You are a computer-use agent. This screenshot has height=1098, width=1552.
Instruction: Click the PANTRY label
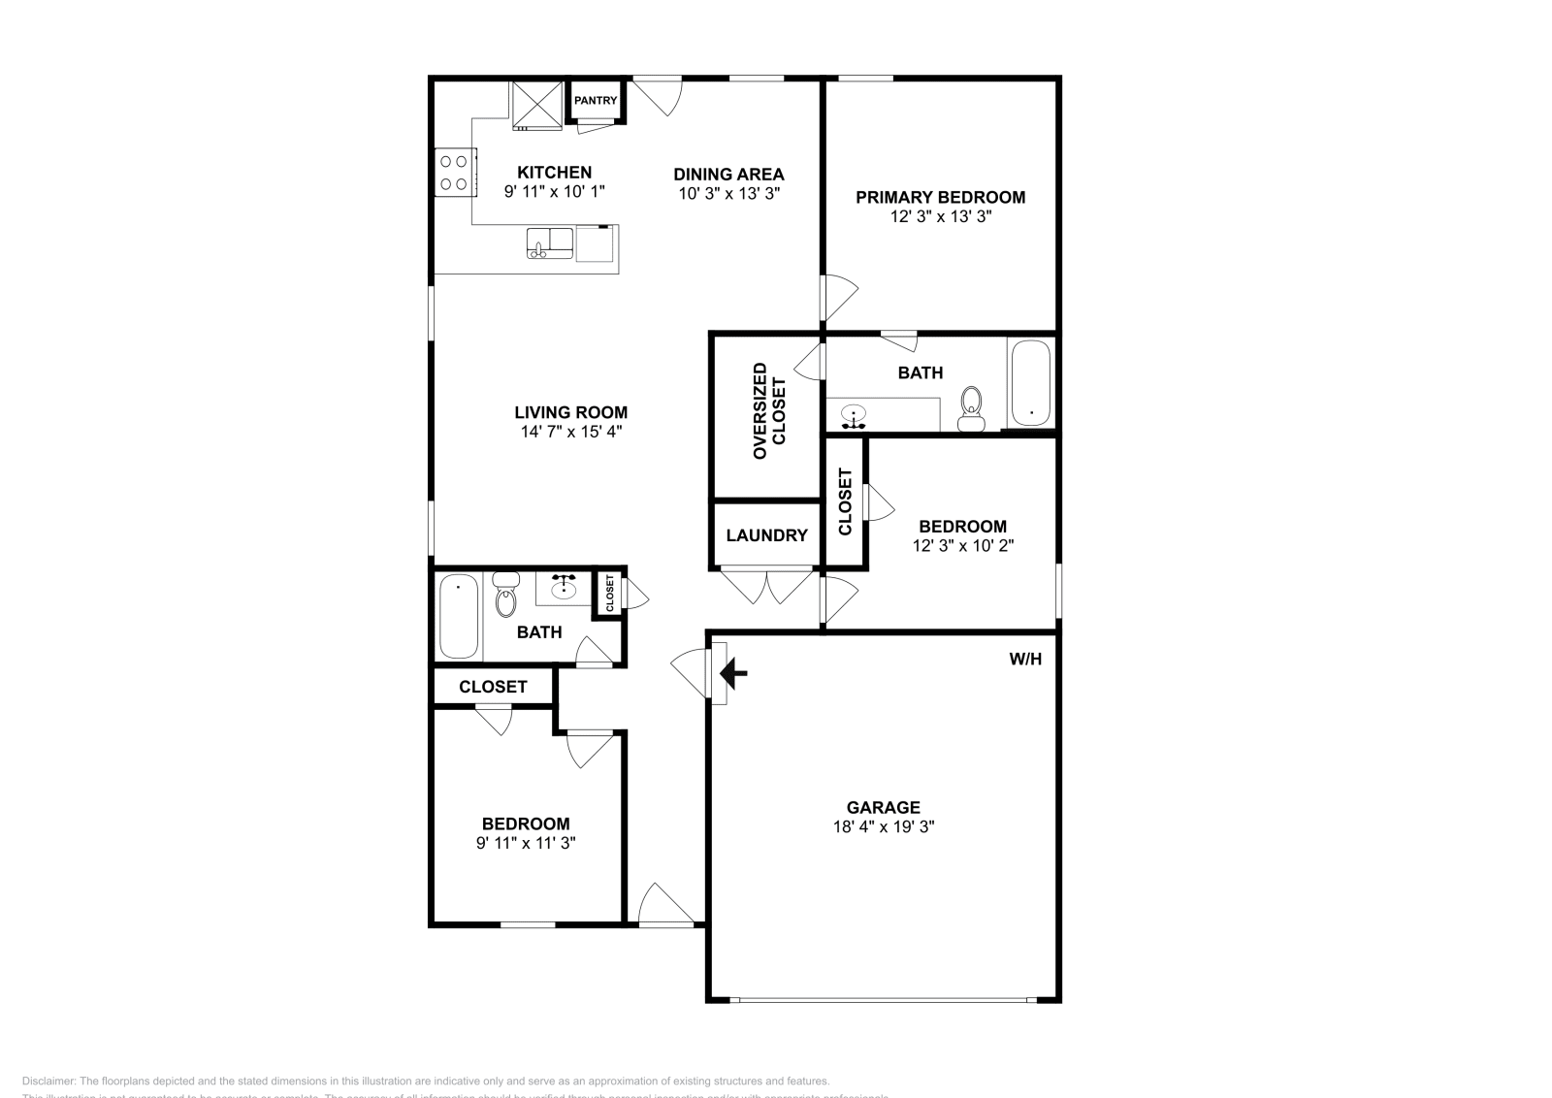[x=596, y=100]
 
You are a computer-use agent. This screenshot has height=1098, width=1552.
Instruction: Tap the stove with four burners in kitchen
[x=455, y=172]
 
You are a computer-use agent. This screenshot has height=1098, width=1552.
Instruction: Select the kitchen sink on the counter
[x=550, y=243]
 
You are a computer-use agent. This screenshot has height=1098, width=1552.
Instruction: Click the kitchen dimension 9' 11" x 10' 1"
[x=554, y=192]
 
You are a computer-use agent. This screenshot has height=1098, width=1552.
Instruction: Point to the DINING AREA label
[x=728, y=175]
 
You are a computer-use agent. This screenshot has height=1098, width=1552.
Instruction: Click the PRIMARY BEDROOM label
[x=940, y=197]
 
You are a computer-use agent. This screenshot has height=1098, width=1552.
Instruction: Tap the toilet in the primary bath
[x=970, y=408]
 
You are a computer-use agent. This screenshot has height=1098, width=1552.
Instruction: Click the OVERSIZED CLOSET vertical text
[x=770, y=410]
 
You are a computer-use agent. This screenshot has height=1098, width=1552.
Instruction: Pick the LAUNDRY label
[x=766, y=535]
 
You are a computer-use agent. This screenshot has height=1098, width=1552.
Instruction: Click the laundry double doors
[x=766, y=588]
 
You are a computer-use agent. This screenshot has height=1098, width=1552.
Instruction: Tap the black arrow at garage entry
[x=734, y=671]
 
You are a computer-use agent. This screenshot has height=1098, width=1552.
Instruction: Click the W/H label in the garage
[x=1025, y=660]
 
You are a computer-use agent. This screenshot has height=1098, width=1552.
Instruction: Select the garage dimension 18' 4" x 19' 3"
[x=883, y=827]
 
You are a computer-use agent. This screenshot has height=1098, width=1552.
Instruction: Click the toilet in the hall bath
[x=505, y=597]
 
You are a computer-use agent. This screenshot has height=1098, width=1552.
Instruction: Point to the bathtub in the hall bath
[x=459, y=616]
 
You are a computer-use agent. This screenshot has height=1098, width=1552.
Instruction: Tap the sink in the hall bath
[x=564, y=588]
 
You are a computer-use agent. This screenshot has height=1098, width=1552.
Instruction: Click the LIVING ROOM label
[x=570, y=412]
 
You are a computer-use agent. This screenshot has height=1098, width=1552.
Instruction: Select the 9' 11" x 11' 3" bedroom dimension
[x=526, y=844]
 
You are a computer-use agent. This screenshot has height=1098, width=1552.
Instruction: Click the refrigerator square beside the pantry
[x=537, y=105]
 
